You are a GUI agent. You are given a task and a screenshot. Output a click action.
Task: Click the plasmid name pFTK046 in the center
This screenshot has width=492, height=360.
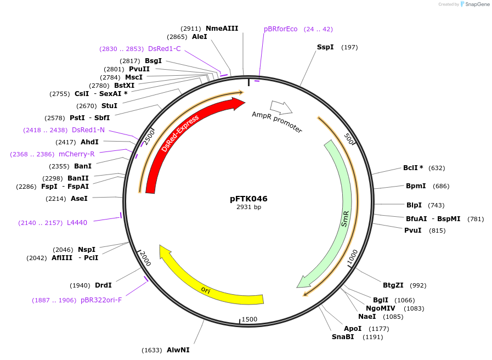pyautogui.click(x=248, y=199)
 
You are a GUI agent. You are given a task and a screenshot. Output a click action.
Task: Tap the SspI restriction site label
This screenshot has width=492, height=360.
pyautogui.click(x=325, y=47)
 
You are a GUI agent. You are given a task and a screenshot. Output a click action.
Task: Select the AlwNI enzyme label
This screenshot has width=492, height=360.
pyautogui.click(x=178, y=350)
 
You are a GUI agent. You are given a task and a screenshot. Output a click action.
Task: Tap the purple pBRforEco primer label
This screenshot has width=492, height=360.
pyautogui.click(x=280, y=29)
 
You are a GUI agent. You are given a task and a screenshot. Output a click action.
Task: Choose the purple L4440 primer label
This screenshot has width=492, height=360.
pyautogui.click(x=77, y=222)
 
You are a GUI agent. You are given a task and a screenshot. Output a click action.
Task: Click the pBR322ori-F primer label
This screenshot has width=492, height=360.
pyautogui.click(x=101, y=300)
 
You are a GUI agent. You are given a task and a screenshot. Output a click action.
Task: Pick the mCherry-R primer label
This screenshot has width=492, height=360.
pyautogui.click(x=76, y=154)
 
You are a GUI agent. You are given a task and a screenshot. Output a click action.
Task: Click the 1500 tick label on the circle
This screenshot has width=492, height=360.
pyautogui.click(x=249, y=319)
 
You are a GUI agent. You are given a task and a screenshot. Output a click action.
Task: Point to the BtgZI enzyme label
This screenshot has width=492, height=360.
pyautogui.click(x=393, y=285)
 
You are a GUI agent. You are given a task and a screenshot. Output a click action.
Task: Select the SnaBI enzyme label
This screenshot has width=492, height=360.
pyautogui.click(x=343, y=337)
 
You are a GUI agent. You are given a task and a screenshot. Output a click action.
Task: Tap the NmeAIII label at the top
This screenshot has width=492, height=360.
pyautogui.click(x=222, y=28)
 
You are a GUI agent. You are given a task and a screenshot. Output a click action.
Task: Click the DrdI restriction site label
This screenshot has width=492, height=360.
pyautogui.click(x=103, y=285)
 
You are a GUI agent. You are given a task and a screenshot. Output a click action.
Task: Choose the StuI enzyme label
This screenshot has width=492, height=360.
pyautogui.click(x=109, y=106)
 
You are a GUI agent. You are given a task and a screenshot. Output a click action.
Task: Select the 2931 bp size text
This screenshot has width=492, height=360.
pyautogui.click(x=248, y=207)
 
